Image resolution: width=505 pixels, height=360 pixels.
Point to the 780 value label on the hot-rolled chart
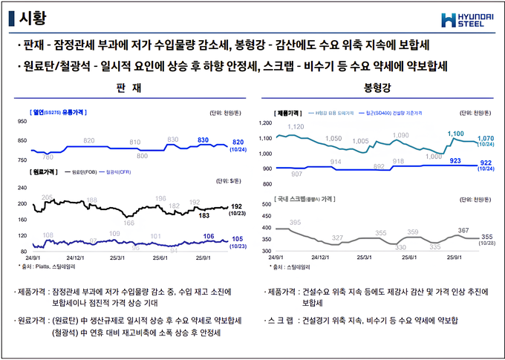48,157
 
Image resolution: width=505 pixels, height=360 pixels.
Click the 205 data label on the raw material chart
47,197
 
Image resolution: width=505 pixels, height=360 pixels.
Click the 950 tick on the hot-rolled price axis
21,121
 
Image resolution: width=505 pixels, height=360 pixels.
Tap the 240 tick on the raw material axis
21,187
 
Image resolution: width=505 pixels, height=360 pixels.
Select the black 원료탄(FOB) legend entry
81,172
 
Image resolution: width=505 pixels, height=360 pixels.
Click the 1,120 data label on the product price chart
295,127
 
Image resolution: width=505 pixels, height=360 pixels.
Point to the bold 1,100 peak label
455,134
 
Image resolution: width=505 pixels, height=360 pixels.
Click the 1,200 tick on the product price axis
265,122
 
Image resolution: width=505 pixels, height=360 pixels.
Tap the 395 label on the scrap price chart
295,222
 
